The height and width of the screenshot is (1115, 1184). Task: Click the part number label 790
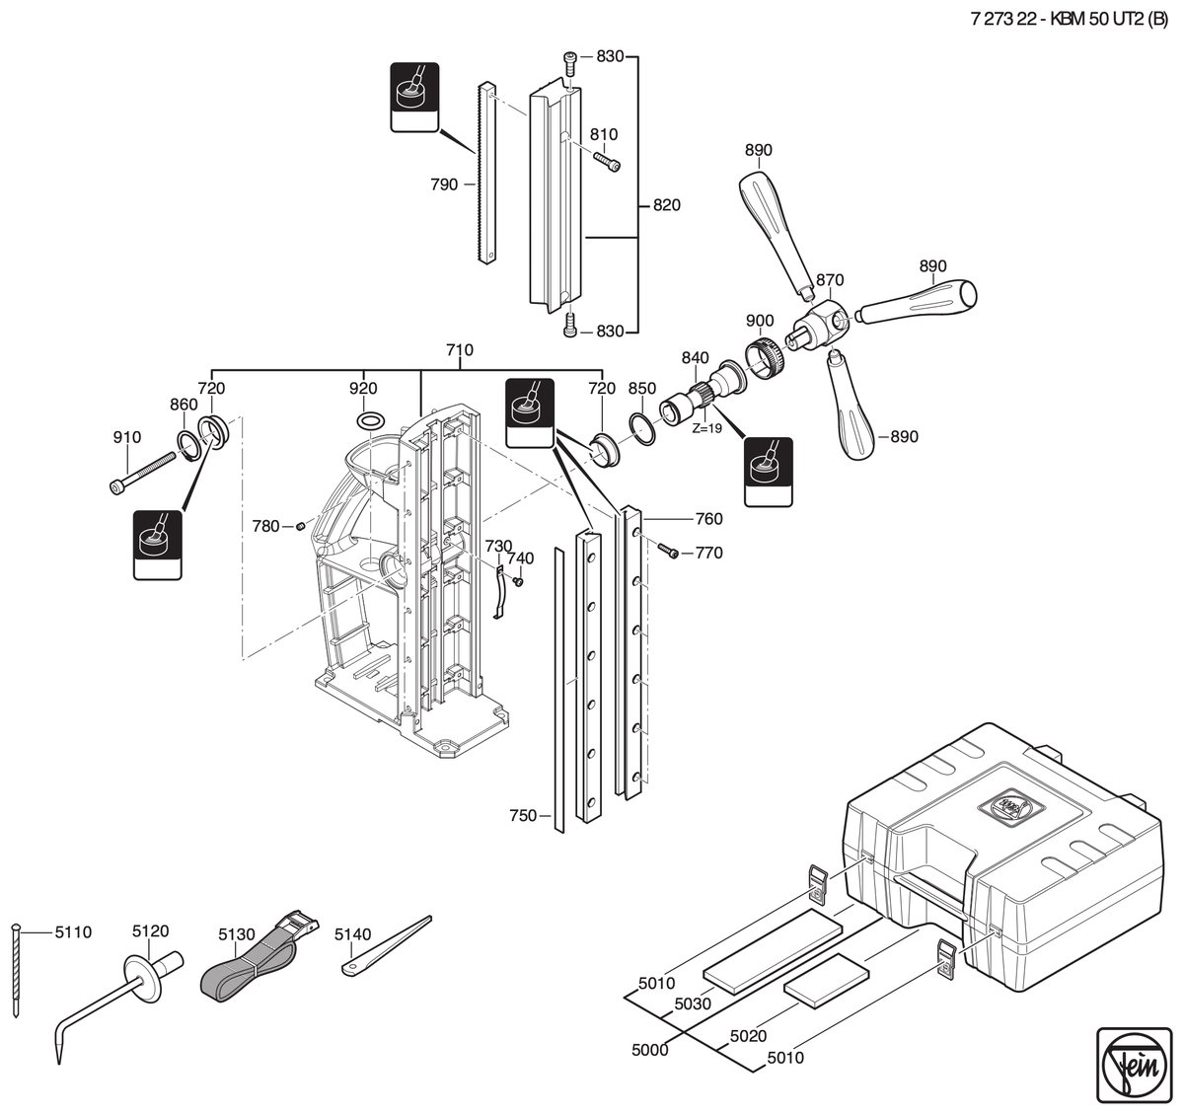coord(444,185)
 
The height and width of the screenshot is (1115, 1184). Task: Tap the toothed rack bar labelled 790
coord(486,173)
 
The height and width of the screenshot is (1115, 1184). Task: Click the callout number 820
coord(667,205)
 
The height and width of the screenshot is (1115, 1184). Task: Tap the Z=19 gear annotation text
coord(707,428)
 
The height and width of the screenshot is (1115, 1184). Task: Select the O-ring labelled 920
coord(371,419)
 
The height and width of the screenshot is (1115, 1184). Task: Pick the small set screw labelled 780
coord(301,526)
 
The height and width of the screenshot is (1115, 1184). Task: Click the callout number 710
coord(460,350)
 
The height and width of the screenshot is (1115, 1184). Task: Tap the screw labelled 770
coord(668,551)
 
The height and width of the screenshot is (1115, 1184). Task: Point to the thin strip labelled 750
coord(558,690)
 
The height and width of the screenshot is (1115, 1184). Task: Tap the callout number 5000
coord(650,1050)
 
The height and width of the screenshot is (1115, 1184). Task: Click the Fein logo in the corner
coord(1134,1065)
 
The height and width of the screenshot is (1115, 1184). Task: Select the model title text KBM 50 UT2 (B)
coord(1108,19)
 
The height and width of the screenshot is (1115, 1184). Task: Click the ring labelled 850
coord(642,427)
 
